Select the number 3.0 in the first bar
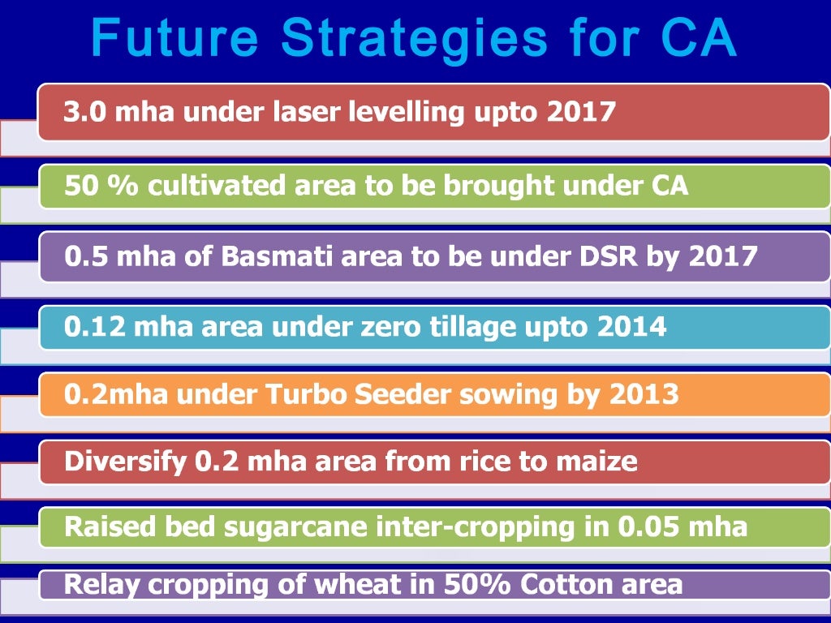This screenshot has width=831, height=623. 84,111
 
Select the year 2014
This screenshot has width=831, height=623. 631,327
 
